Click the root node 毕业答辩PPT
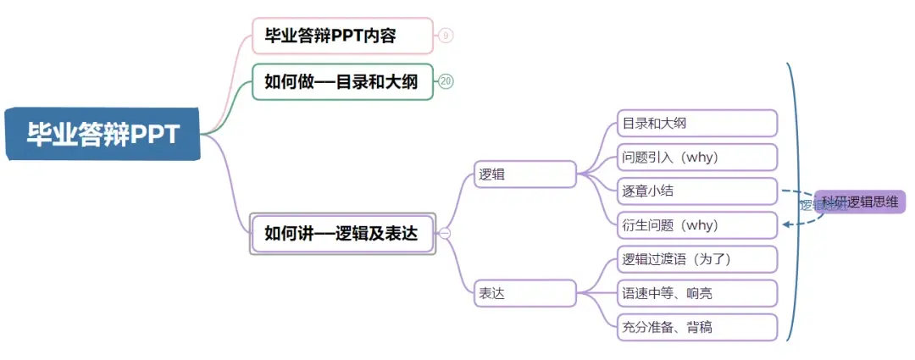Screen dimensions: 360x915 (x=103, y=134)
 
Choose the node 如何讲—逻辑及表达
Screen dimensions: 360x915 (x=342, y=233)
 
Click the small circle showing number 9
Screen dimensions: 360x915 (x=446, y=36)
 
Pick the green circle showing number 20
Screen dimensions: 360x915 (x=446, y=81)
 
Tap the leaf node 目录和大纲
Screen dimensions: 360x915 (x=697, y=124)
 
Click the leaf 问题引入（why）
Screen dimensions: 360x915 (x=697, y=158)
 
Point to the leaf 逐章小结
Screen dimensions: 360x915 (x=697, y=191)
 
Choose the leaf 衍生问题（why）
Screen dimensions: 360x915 (x=697, y=225)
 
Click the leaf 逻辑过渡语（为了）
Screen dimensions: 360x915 (x=697, y=259)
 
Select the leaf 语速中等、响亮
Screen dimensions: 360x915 (x=697, y=293)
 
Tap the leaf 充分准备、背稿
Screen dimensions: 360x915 (x=697, y=327)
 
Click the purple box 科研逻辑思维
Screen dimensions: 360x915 (x=861, y=202)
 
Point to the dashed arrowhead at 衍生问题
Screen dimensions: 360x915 (x=787, y=224)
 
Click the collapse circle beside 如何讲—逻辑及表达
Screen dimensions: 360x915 (x=445, y=234)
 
